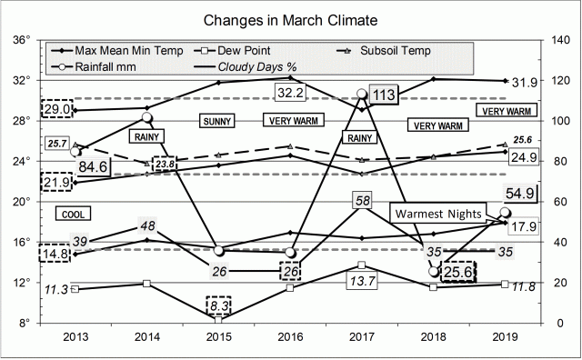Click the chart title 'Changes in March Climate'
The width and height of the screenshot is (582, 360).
point(291,18)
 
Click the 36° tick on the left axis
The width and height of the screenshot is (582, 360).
point(23,39)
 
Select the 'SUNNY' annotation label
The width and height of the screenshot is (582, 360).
point(217,120)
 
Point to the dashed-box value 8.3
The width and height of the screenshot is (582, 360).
point(219,305)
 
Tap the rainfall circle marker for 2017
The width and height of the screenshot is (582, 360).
point(362,94)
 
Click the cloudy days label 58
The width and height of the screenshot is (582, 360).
point(362,200)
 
